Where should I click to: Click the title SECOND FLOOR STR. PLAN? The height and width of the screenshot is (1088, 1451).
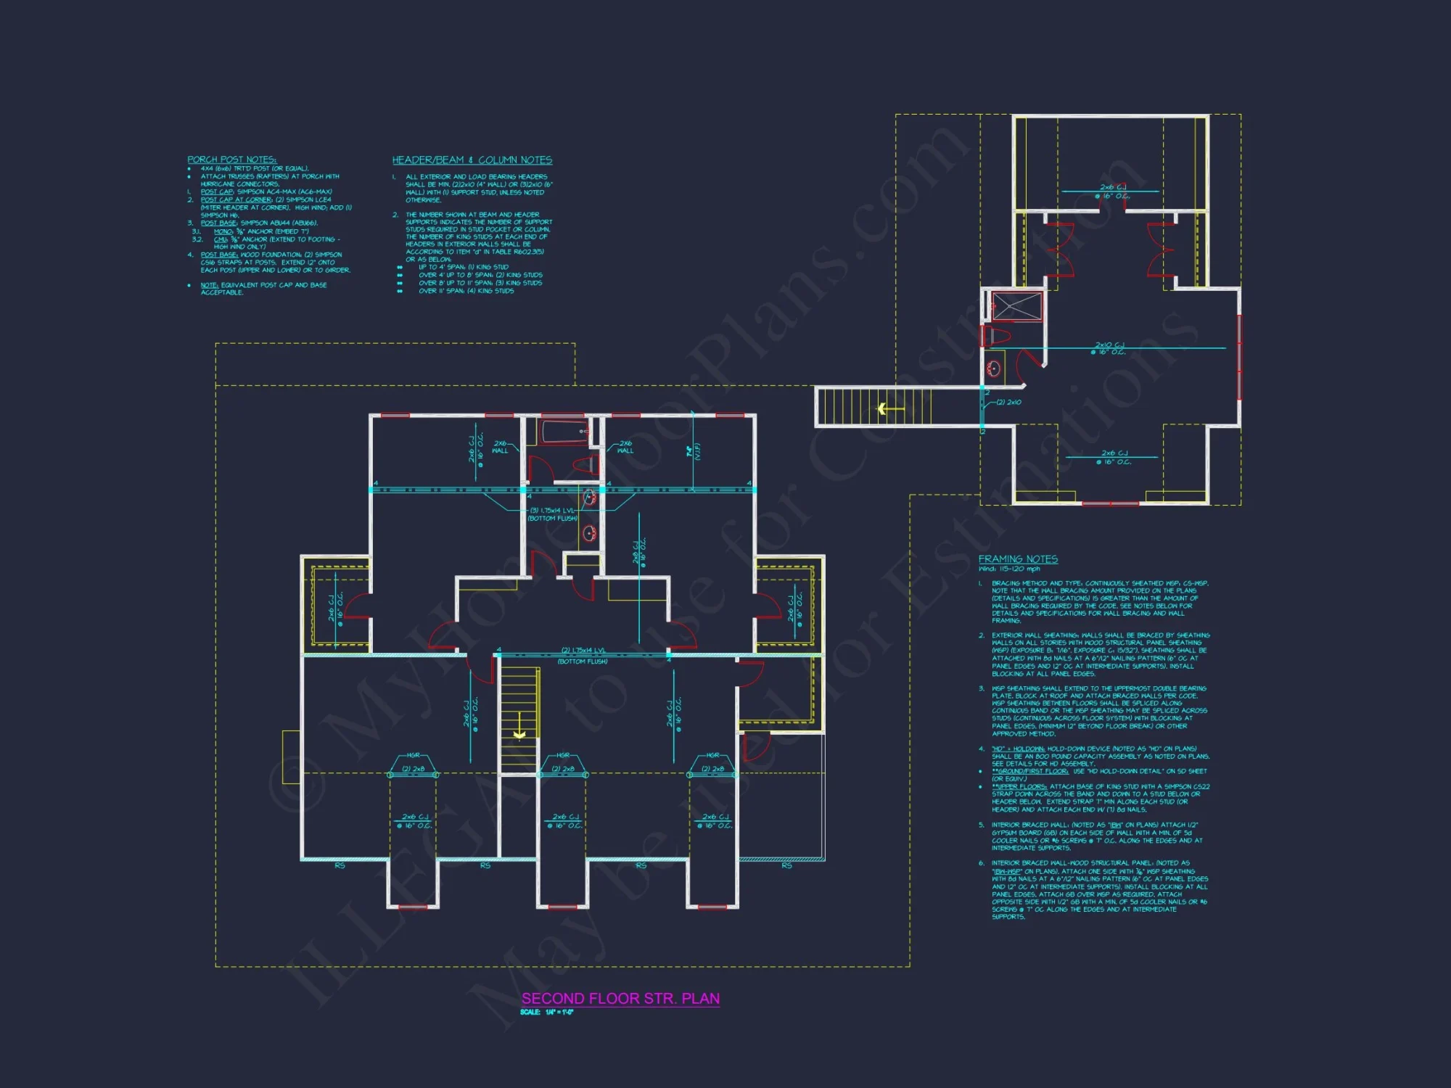620,999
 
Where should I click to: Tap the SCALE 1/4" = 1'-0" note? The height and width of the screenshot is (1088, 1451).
547,1013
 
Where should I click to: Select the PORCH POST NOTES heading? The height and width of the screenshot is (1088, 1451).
231,160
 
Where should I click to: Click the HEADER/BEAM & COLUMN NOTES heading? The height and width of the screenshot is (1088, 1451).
472,160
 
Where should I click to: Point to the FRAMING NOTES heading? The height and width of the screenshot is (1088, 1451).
1018,559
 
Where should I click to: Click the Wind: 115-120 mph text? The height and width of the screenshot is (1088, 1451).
1009,569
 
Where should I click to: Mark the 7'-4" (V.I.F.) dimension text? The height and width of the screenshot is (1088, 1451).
694,451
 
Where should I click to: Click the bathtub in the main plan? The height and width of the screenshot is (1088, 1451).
562,432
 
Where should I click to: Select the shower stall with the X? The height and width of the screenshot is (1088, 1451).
1017,306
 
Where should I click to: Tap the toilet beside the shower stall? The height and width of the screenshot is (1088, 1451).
998,336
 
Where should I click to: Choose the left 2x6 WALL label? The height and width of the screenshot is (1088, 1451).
501,447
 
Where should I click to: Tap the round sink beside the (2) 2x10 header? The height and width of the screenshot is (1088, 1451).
994,368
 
